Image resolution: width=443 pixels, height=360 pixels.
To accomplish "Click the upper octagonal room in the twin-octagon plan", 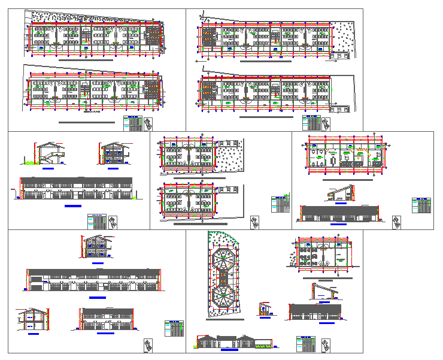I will [224, 258].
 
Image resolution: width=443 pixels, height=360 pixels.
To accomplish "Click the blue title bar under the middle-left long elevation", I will [73, 205].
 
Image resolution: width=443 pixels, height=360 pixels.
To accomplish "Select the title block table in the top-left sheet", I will [132, 123].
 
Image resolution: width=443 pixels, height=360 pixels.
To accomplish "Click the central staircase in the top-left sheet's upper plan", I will [86, 38].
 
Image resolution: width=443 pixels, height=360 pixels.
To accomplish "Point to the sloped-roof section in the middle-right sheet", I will [339, 193].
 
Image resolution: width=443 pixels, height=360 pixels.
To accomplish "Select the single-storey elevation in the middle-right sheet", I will [339, 213].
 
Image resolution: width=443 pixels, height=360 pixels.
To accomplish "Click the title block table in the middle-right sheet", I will [421, 205].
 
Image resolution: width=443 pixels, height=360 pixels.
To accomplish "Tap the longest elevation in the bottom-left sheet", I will [93, 280].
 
